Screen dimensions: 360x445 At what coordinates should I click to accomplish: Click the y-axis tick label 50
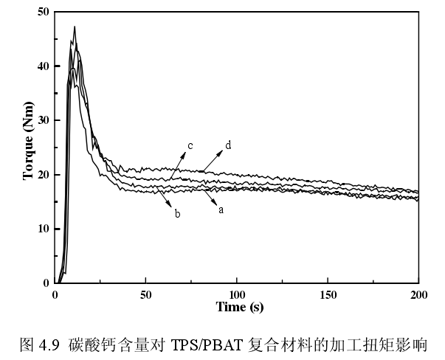[x=43, y=12]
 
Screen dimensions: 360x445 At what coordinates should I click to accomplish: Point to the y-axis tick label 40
[x=43, y=66]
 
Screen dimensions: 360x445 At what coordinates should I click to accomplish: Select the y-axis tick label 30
[x=43, y=120]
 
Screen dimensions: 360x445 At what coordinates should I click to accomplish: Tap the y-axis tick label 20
[x=43, y=174]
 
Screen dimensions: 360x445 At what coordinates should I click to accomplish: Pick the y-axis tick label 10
[x=43, y=229]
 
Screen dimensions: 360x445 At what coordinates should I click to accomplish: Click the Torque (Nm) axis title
[x=28, y=148]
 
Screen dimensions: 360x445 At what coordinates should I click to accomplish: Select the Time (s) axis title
[x=239, y=306]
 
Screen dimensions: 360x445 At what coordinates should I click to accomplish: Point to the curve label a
[x=220, y=210]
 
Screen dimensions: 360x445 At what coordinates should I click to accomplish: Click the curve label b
[x=178, y=213]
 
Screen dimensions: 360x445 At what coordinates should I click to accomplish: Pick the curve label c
[x=190, y=146]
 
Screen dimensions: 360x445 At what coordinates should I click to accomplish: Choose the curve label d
[x=228, y=145]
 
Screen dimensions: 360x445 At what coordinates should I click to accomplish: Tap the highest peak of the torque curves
[x=75, y=27]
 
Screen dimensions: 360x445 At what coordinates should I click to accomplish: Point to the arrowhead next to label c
[x=182, y=153]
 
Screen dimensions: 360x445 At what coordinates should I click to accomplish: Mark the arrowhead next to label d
[x=220, y=153]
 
